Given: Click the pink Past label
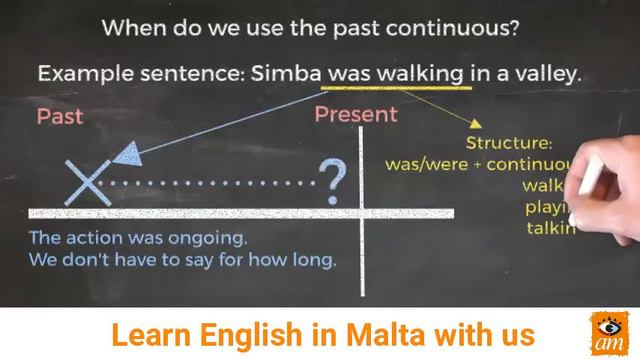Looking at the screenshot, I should (x=60, y=116).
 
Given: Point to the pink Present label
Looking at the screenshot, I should (x=355, y=114).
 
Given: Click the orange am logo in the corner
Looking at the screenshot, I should (x=608, y=334).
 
